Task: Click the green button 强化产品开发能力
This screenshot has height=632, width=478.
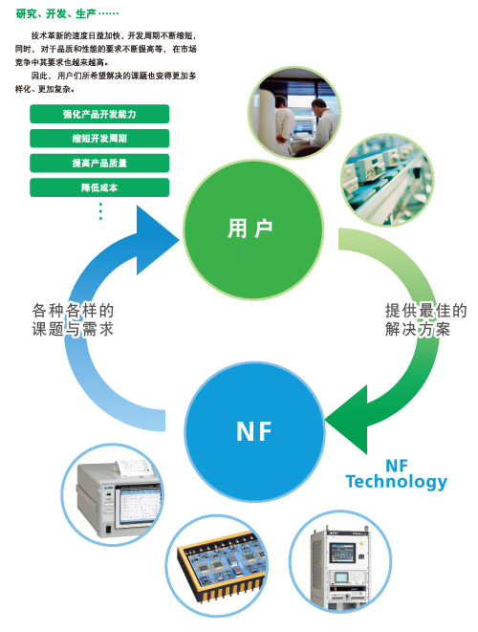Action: [x=99, y=114]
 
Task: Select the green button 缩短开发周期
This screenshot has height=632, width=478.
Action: [x=99, y=139]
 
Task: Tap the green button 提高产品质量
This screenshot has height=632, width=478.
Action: [x=99, y=163]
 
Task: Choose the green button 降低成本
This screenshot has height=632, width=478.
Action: [x=99, y=187]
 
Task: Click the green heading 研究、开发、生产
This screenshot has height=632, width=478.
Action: [x=56, y=14]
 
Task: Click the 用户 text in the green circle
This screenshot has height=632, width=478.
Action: [x=250, y=229]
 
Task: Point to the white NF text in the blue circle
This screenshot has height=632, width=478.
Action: [x=254, y=431]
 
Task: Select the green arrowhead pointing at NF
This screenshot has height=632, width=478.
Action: [x=347, y=419]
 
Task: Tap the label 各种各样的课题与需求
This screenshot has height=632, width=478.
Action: [x=73, y=320]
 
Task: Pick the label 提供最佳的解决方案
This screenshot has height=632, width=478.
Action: [x=425, y=320]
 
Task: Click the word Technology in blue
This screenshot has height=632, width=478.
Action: [x=396, y=482]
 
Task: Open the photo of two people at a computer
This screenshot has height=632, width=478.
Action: [x=294, y=113]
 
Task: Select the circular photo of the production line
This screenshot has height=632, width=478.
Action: [x=387, y=180]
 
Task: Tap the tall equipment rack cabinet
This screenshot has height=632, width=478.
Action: [x=339, y=568]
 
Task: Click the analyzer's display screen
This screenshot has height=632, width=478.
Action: [x=139, y=506]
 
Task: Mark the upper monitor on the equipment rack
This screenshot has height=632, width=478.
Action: [x=343, y=553]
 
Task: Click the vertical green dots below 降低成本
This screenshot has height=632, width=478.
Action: [x=100, y=211]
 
